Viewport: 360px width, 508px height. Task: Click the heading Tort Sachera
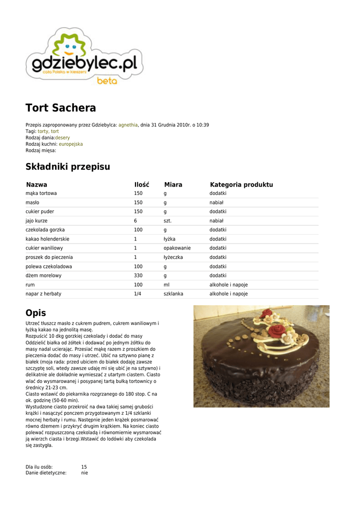[61, 108]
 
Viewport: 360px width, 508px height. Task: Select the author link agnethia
[128, 125]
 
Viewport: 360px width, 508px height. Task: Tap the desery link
[63, 137]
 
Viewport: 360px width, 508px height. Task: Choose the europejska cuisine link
[71, 144]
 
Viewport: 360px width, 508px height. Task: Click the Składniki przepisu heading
[68, 167]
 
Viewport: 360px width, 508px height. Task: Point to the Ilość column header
[142, 185]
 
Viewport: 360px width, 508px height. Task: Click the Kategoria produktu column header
[241, 185]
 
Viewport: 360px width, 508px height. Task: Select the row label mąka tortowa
[41, 193]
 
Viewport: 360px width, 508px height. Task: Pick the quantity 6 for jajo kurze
[135, 221]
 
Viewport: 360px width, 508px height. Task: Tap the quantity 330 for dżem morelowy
[138, 275]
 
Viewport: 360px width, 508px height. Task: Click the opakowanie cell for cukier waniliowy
[177, 248]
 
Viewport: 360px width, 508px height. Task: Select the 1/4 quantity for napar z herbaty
[138, 294]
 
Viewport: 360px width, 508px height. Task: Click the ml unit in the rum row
[166, 285]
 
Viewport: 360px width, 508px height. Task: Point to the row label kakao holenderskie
[48, 239]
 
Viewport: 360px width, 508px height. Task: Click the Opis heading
[36, 313]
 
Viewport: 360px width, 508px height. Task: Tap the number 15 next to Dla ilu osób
[84, 467]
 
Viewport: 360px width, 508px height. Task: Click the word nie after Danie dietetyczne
[84, 473]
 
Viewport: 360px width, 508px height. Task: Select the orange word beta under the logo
[107, 80]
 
